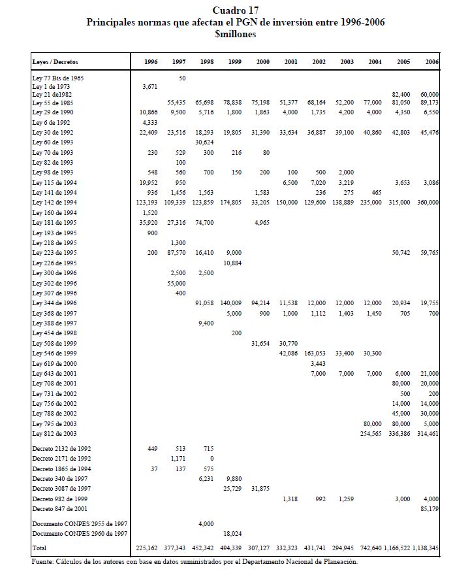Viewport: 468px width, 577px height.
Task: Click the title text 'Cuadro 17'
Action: (235, 11)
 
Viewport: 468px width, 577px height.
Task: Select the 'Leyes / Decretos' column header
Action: (54, 61)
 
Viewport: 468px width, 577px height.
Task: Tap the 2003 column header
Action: (347, 61)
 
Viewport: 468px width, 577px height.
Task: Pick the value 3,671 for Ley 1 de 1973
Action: (151, 86)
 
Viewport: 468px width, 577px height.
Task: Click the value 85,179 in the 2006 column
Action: (428, 508)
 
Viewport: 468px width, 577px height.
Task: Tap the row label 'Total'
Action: (39, 547)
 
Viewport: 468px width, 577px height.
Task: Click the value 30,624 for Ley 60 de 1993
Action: (205, 141)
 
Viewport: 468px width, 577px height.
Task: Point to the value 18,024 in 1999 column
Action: (232, 533)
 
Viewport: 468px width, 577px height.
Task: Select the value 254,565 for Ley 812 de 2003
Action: (371, 434)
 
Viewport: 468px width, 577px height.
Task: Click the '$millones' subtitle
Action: (235, 33)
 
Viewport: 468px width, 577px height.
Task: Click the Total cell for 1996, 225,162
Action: (147, 547)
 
